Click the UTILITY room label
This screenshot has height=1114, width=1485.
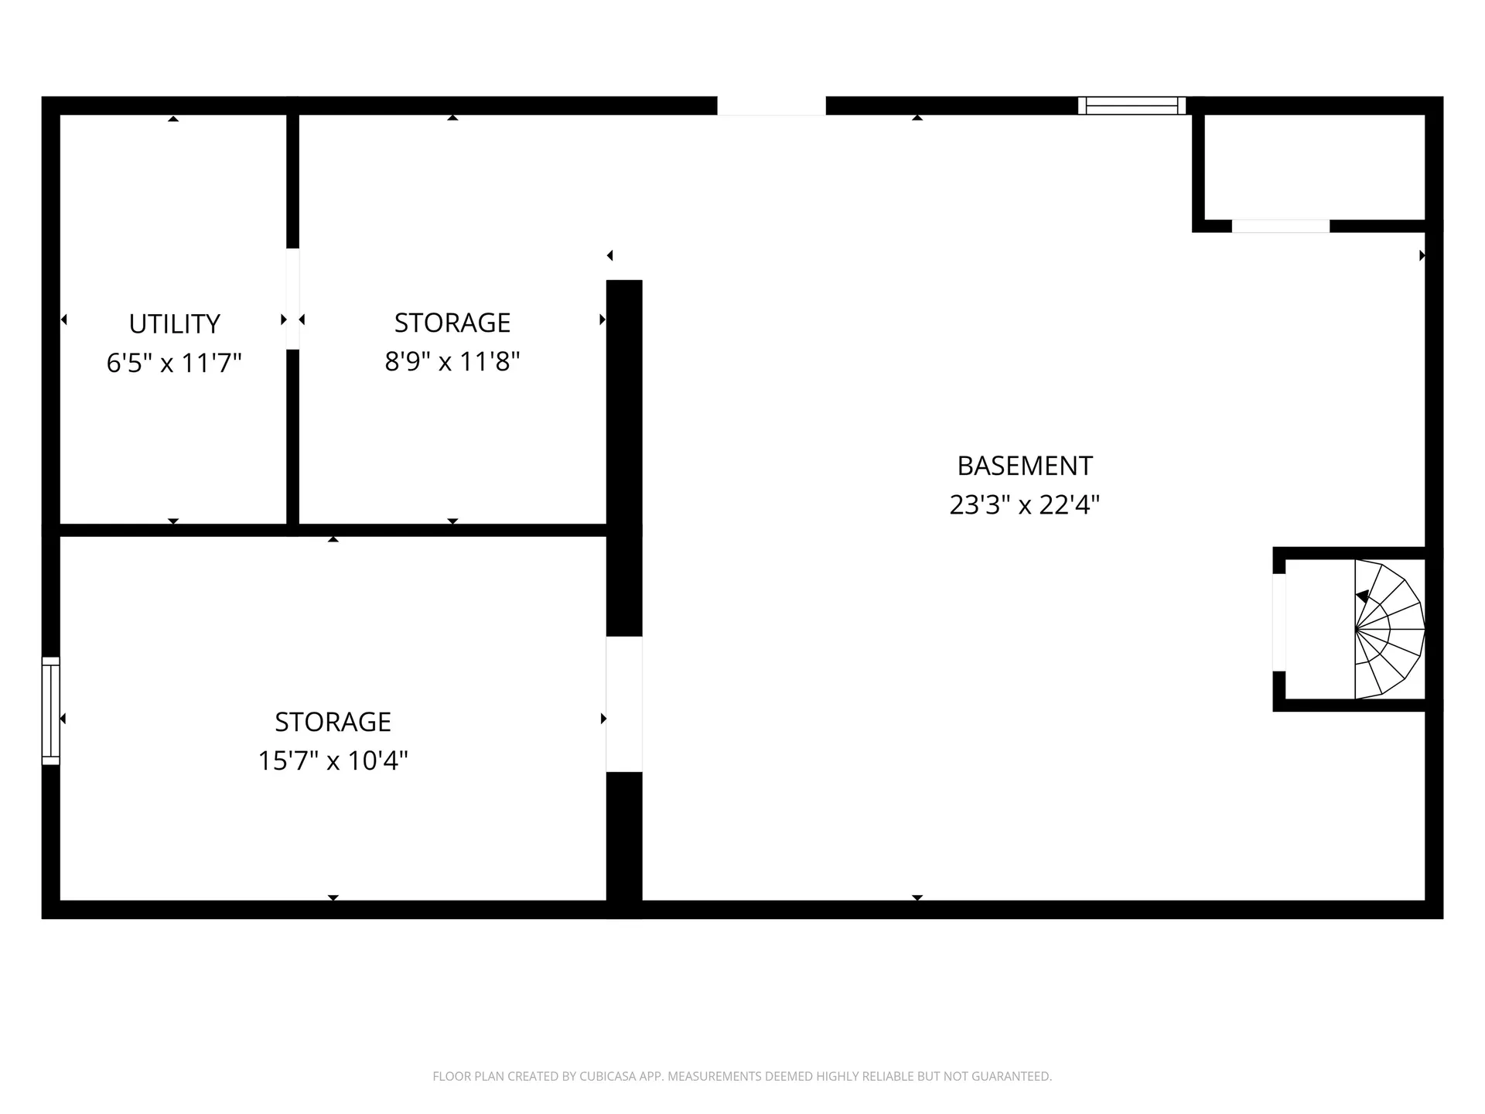(x=174, y=323)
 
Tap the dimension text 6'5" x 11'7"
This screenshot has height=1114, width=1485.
(x=174, y=362)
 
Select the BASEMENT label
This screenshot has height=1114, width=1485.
(x=1025, y=466)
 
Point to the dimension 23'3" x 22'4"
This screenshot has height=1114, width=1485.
(x=1025, y=504)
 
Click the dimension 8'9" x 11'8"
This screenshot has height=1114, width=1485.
(x=452, y=361)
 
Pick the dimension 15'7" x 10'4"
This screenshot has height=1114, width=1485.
(x=333, y=760)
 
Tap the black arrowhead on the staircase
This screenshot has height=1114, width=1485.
(x=1363, y=596)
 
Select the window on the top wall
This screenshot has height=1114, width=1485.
(x=1132, y=105)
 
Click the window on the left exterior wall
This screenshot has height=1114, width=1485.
(x=50, y=710)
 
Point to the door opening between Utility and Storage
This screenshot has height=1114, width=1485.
(x=292, y=299)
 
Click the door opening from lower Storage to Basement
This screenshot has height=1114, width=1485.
(x=624, y=704)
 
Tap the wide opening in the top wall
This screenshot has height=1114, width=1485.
(x=771, y=105)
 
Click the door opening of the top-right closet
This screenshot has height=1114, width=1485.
(x=1280, y=226)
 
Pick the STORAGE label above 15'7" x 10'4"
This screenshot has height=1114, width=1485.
(x=333, y=722)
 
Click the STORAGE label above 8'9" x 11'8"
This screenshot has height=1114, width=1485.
(x=452, y=323)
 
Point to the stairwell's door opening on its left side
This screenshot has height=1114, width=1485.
(x=1279, y=623)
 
